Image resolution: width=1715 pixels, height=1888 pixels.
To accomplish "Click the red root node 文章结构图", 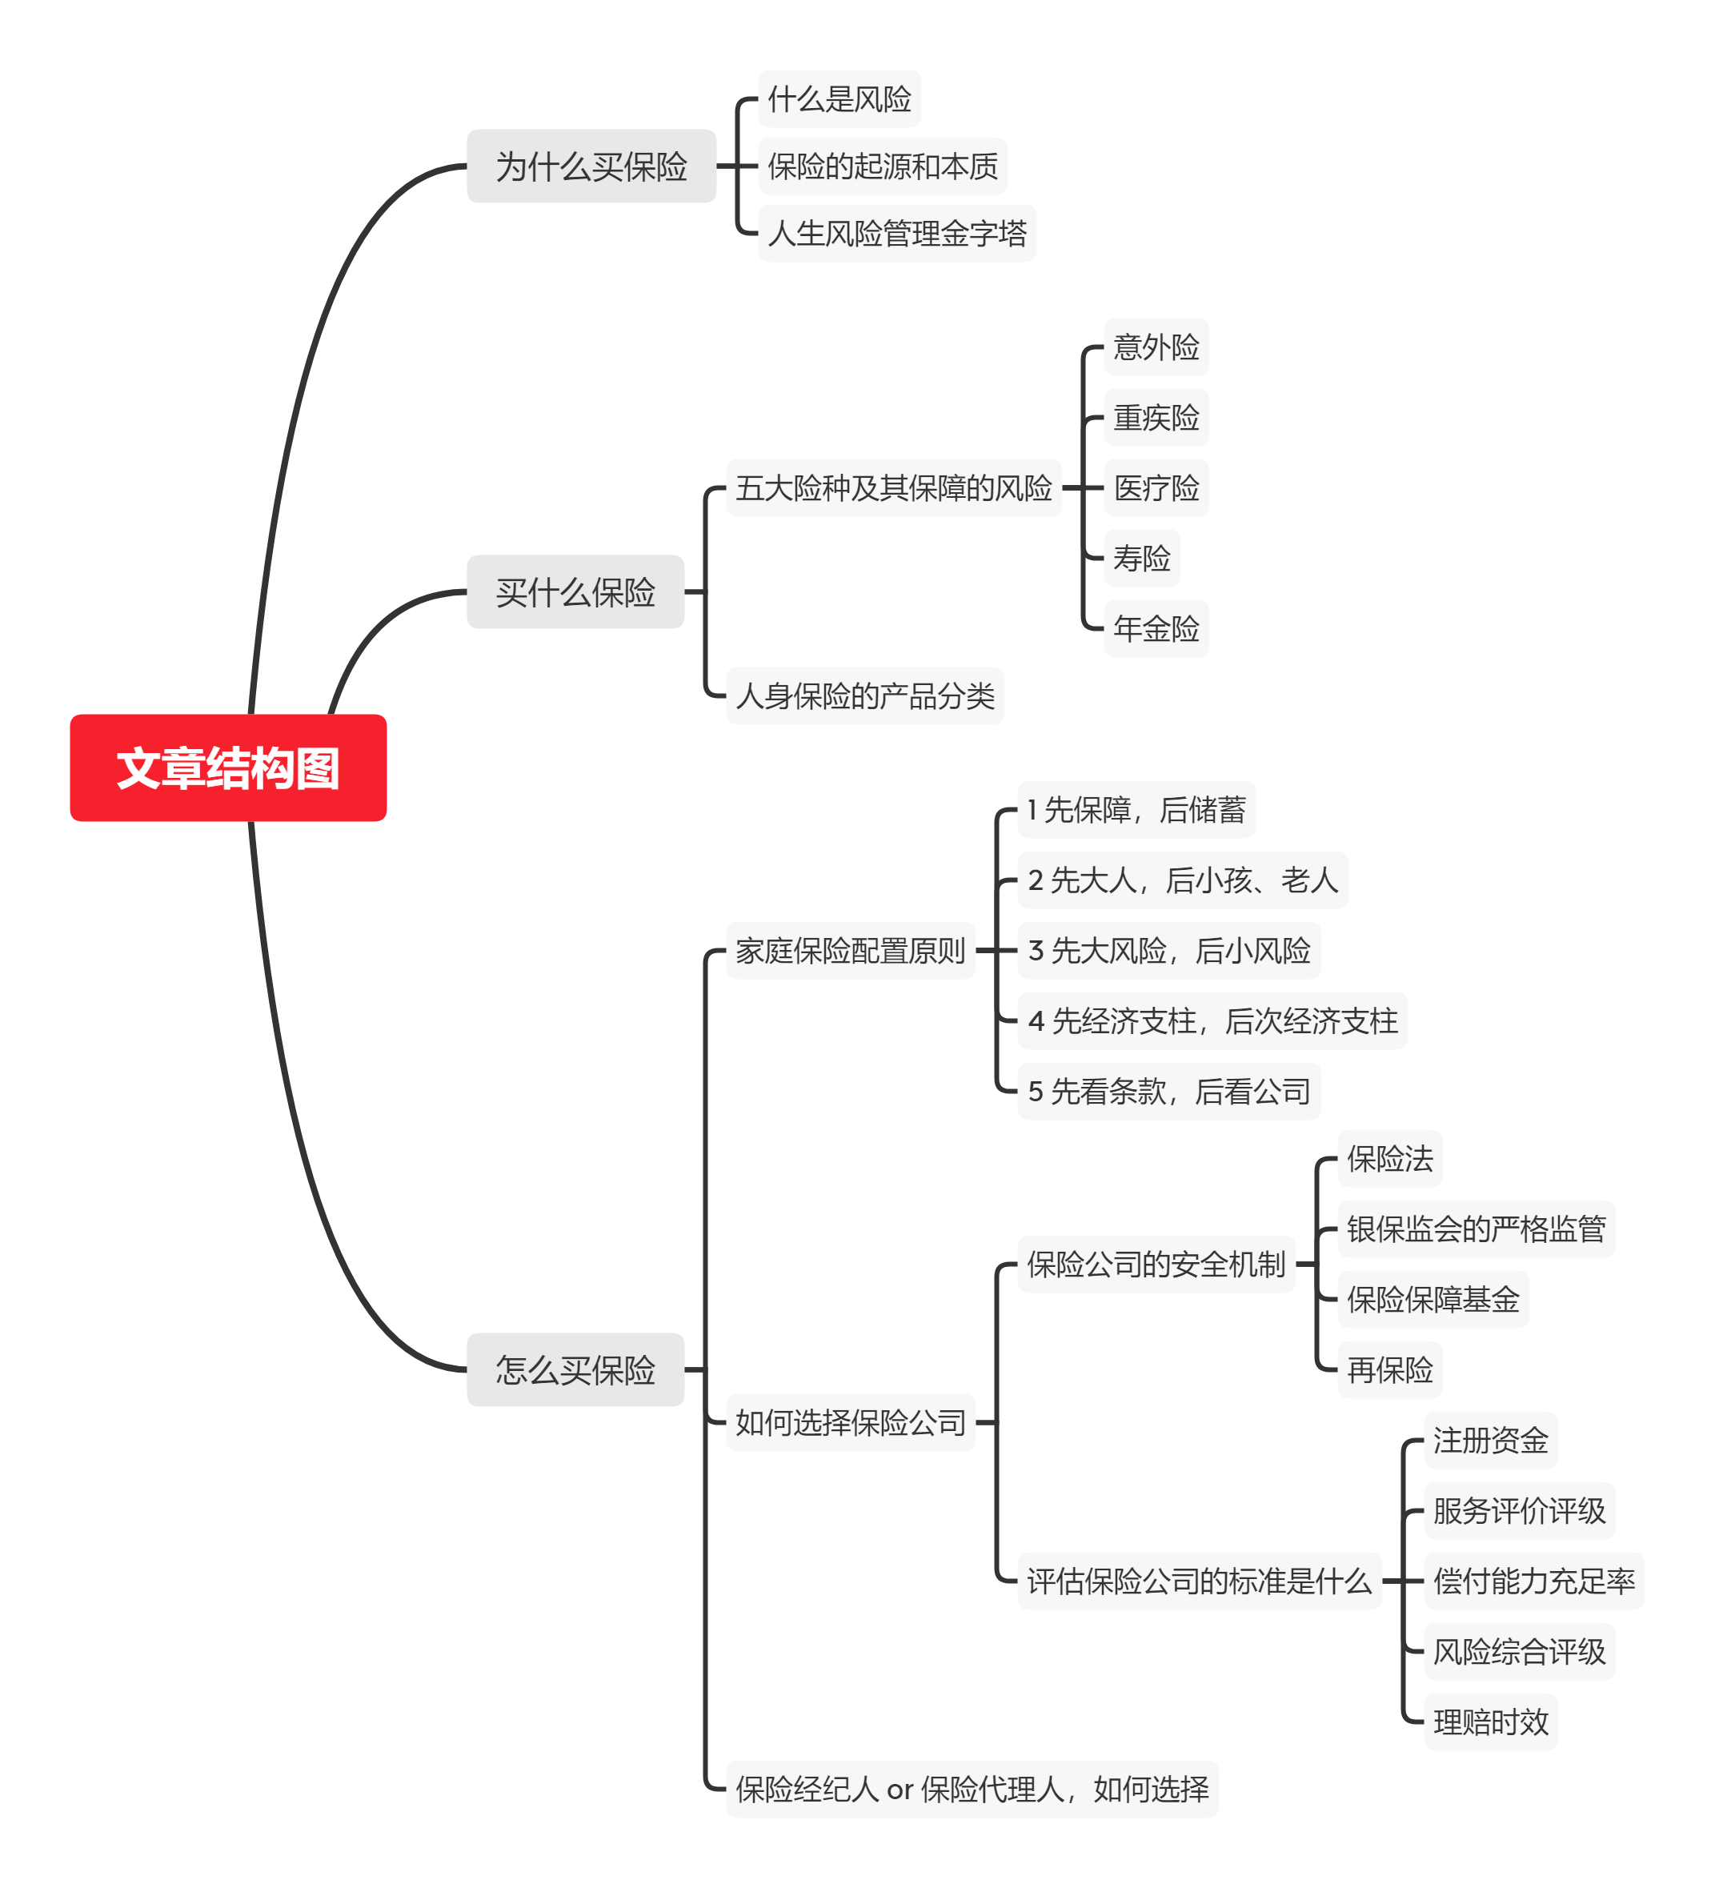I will tap(227, 768).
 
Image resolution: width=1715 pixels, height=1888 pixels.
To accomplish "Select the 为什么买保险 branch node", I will tap(591, 166).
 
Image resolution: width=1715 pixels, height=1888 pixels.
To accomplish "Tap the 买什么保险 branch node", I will tap(575, 592).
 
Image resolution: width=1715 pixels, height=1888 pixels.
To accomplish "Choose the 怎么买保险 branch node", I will tap(575, 1369).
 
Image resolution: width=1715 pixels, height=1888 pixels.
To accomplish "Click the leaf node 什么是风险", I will tap(839, 99).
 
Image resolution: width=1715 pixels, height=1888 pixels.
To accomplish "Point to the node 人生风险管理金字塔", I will tap(896, 233).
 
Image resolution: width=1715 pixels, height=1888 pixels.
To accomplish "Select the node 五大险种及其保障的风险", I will tap(894, 488).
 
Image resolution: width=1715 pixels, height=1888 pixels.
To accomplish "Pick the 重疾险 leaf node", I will tap(1156, 418).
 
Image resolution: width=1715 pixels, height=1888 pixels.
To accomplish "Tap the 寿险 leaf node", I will tap(1141, 558).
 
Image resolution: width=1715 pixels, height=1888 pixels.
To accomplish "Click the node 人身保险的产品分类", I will tap(864, 695).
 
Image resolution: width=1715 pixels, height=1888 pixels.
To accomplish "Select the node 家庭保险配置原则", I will tap(850, 951).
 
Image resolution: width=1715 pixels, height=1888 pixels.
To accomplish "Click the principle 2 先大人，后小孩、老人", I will tap(1182, 880).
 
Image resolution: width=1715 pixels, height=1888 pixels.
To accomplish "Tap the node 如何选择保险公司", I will tap(850, 1422).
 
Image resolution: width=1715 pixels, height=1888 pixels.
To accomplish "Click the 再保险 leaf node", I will tap(1389, 1370).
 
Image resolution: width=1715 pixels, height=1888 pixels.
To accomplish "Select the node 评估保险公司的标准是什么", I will tap(1198, 1581).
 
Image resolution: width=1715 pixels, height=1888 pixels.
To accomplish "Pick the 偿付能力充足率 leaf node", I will tap(1533, 1581).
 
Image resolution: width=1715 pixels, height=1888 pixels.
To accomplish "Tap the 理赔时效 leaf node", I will tap(1490, 1722).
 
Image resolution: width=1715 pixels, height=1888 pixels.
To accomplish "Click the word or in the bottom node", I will tap(900, 1790).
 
